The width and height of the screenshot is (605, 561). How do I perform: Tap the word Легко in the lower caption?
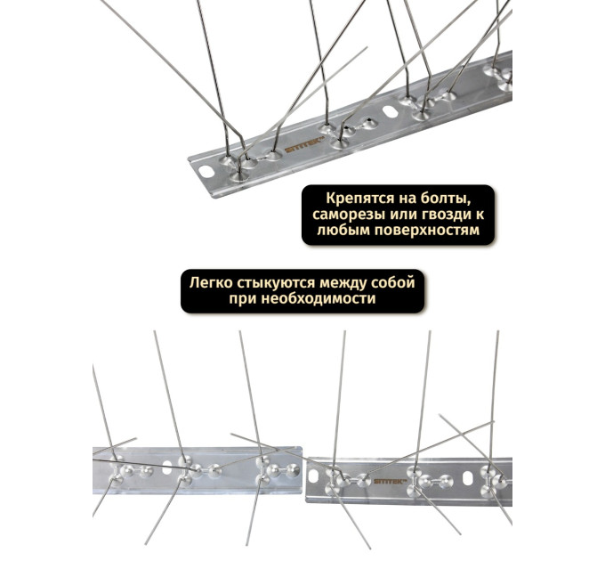(x=212, y=283)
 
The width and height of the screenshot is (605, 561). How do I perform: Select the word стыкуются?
(x=277, y=284)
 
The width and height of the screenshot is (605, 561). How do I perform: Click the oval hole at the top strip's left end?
(x=206, y=172)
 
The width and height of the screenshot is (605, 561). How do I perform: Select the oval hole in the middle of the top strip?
(x=391, y=111)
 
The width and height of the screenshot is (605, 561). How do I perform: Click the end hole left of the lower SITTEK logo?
(x=313, y=476)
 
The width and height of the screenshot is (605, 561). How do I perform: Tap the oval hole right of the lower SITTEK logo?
(x=468, y=478)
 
